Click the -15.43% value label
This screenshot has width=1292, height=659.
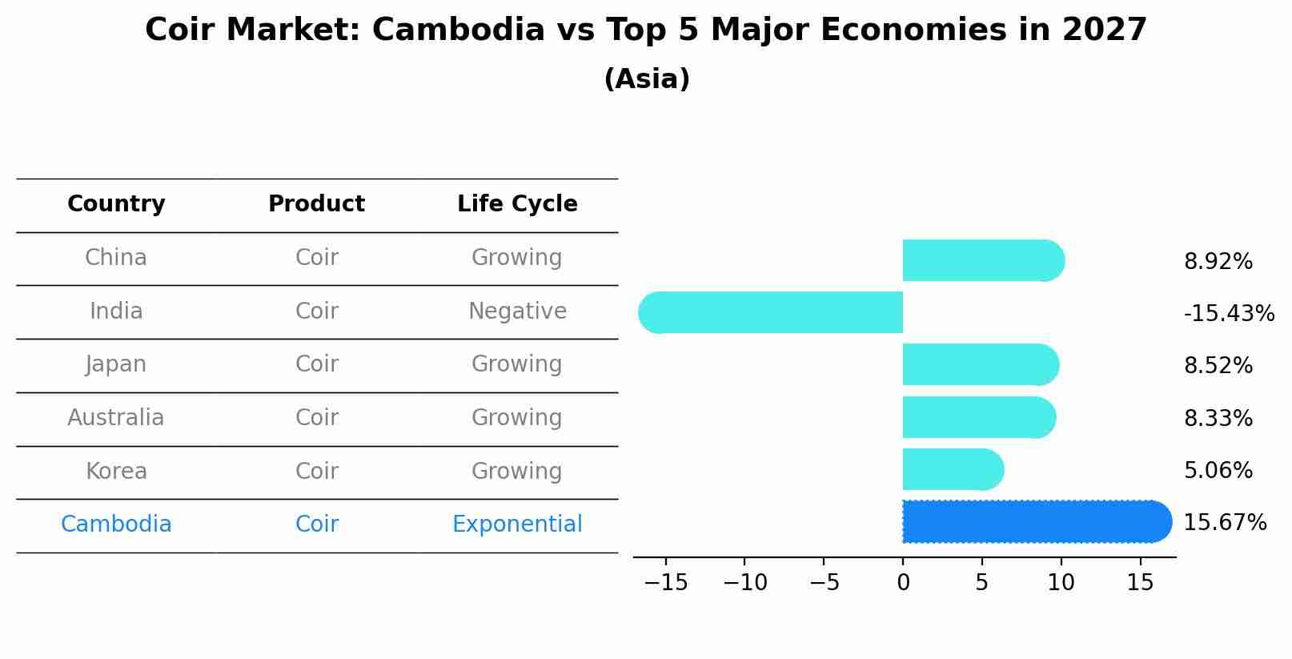[1228, 313]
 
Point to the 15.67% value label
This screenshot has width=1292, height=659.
[1224, 523]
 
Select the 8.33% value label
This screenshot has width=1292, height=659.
[1218, 418]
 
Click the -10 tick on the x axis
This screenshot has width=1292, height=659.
[744, 582]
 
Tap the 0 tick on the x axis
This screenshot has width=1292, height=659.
[903, 582]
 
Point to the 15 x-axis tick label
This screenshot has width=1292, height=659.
[1140, 582]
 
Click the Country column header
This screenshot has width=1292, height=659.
[116, 204]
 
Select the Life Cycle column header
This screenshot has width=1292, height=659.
[517, 204]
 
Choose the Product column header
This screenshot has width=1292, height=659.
[316, 204]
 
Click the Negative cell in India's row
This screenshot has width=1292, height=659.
[517, 311]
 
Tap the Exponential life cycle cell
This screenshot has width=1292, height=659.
[517, 524]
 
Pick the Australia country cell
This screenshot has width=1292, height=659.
[116, 418]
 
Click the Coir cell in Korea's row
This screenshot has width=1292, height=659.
[316, 471]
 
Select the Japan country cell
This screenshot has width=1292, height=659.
[116, 364]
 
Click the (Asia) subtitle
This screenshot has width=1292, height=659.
[646, 79]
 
